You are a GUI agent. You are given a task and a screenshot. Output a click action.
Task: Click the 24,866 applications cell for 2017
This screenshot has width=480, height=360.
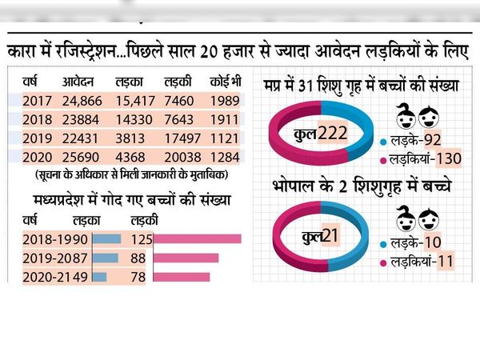[82, 101]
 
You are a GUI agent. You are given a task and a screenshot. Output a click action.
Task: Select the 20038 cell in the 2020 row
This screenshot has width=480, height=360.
[182, 158]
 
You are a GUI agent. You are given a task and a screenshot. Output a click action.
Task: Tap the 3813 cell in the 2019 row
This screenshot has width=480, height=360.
[130, 138]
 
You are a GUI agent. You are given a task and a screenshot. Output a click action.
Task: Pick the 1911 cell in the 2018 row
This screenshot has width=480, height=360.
[224, 120]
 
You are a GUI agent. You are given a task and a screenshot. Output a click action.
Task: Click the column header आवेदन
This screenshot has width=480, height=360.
[78, 82]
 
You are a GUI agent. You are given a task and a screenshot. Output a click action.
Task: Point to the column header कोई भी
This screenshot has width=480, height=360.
[226, 82]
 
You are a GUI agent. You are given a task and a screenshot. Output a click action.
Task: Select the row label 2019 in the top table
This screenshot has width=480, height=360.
[37, 138]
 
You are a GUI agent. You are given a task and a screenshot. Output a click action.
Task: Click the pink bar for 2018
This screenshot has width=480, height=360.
[197, 238]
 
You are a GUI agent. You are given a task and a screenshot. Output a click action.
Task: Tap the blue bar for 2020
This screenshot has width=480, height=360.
[99, 277]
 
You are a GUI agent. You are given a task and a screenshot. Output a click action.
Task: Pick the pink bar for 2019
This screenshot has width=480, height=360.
[186, 258]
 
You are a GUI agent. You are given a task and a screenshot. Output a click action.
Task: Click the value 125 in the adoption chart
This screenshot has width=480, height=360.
[142, 239]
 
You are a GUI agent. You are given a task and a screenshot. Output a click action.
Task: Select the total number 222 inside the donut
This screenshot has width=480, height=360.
[333, 134]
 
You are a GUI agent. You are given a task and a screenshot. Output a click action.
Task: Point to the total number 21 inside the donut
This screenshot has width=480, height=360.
[330, 236]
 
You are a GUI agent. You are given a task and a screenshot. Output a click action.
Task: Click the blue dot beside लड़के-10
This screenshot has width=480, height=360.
[383, 244]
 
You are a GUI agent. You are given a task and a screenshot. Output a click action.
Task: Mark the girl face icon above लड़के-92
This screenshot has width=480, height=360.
[406, 116]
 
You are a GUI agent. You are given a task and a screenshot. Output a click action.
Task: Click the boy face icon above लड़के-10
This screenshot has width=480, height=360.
[429, 219]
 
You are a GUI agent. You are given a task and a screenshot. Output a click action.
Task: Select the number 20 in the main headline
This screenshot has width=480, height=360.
[209, 52]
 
